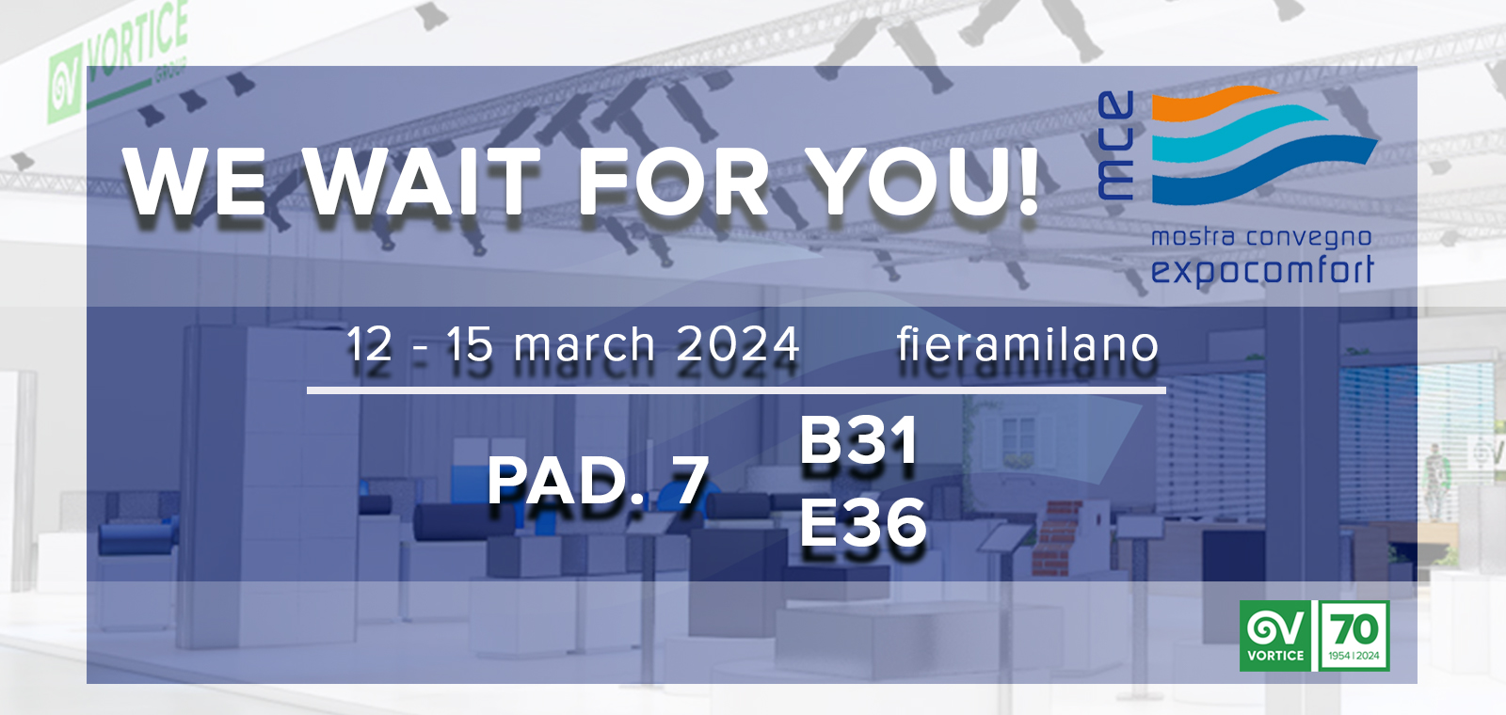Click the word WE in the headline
(194, 181)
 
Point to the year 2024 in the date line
(738, 344)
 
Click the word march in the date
(585, 344)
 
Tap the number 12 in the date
(369, 344)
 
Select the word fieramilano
(1027, 344)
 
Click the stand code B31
(858, 440)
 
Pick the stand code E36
(862, 523)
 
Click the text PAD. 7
(598, 480)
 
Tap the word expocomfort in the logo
(1262, 270)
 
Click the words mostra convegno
(1261, 237)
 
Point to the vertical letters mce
(1115, 145)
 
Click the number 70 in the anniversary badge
(1355, 629)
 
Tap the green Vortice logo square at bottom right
(1275, 636)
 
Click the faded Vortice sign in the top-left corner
(118, 64)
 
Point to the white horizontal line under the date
(736, 389)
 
